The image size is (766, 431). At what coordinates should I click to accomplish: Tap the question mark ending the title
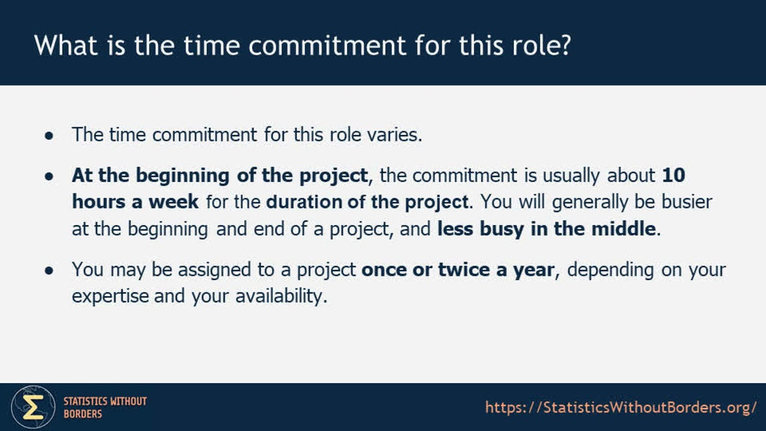tap(563, 45)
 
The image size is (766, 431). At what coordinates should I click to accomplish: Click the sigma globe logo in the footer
tap(33, 407)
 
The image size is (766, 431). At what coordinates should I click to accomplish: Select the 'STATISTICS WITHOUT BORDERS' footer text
tap(105, 407)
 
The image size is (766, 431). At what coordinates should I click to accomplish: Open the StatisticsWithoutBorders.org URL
tap(621, 408)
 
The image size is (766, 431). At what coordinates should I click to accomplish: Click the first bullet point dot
tap(50, 135)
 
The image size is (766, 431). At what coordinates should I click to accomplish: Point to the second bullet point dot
tap(50, 177)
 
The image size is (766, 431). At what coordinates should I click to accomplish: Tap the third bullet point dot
tap(50, 271)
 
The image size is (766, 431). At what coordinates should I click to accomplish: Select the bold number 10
tap(674, 175)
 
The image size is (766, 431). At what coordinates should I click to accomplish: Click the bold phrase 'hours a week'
tap(135, 202)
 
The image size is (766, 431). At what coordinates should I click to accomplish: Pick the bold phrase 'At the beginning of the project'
tap(219, 175)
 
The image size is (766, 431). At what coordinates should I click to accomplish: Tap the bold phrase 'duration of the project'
tap(367, 202)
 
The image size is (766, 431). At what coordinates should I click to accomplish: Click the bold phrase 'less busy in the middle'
tap(546, 229)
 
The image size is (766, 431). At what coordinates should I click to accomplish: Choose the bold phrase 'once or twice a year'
tap(458, 270)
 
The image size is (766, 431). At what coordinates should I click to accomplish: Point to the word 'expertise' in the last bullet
tap(110, 296)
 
